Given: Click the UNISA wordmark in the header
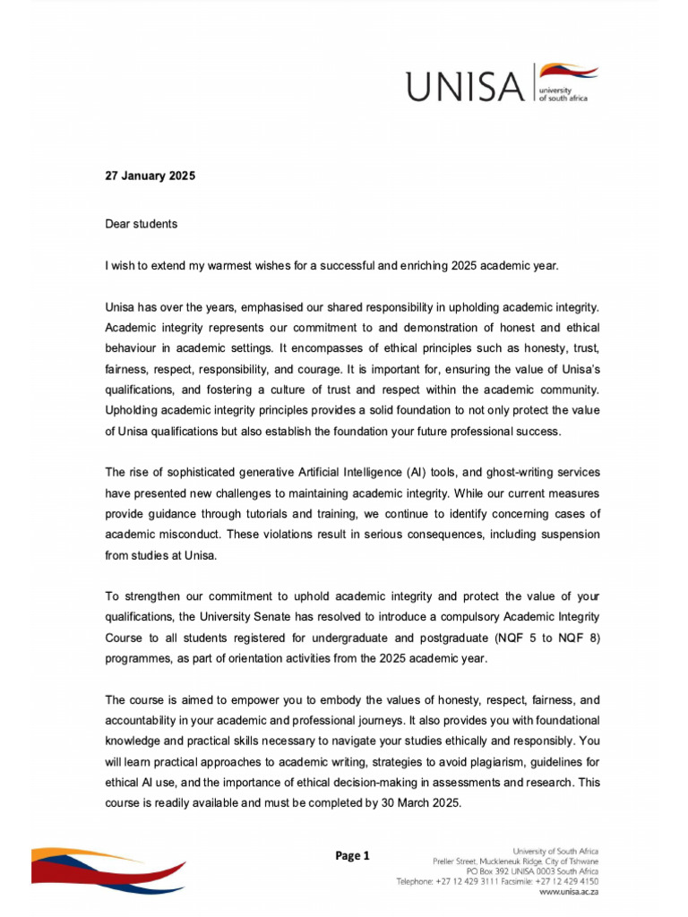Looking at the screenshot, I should [x=463, y=87].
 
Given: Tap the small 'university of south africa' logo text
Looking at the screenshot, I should [x=562, y=95].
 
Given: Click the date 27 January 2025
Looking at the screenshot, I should [x=150, y=176].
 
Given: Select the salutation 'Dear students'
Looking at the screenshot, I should [x=141, y=224].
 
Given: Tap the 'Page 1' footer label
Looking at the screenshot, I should [x=352, y=856].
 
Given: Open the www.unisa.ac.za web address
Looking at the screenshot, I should [x=568, y=892].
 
